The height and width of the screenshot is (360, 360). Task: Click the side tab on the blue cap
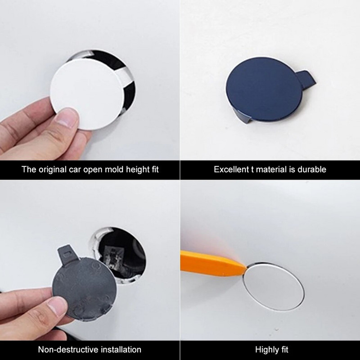pos(306,79)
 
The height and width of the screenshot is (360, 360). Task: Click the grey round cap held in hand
pos(85,288)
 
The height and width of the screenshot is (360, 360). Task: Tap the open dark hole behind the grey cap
pos(121,255)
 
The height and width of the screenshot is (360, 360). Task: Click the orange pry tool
pos(212,264)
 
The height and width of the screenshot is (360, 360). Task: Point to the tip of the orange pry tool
pos(246,267)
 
